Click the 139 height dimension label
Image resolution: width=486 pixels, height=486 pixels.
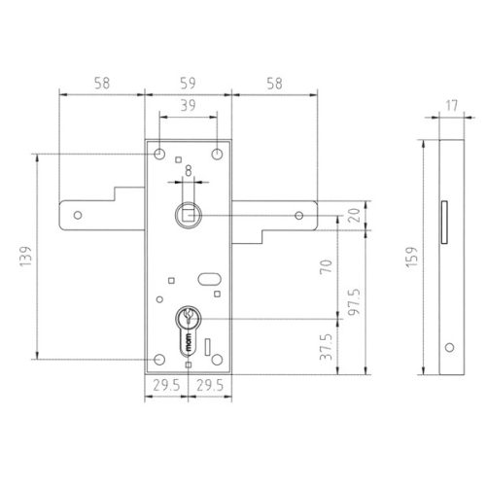point(25,256)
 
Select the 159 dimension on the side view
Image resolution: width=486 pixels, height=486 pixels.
point(412,258)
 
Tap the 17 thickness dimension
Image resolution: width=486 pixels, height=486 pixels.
point(452,105)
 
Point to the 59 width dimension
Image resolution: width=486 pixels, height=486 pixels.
point(188,84)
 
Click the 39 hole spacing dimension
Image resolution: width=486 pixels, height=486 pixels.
point(188,105)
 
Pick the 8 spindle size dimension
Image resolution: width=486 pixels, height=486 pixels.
point(189,171)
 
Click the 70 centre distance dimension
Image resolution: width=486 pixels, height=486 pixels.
point(327,266)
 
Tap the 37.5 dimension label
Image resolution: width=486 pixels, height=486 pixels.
point(327,347)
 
